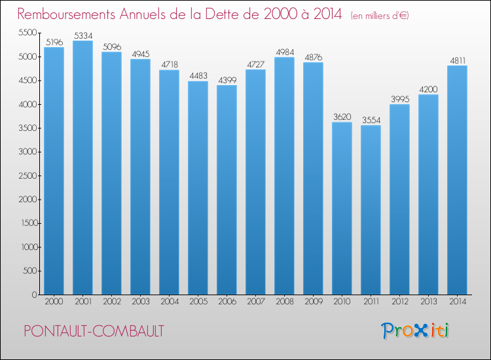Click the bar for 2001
[x=82, y=168]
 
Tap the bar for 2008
[x=284, y=176]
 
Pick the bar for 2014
[x=457, y=180]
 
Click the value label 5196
[x=54, y=42]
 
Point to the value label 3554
[x=371, y=120]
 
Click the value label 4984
[x=284, y=52]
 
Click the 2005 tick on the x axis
[x=198, y=302]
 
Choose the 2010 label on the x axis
[x=342, y=302]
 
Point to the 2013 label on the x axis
[x=428, y=302]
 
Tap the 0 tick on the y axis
[x=33, y=295]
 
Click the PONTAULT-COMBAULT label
[x=94, y=331]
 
